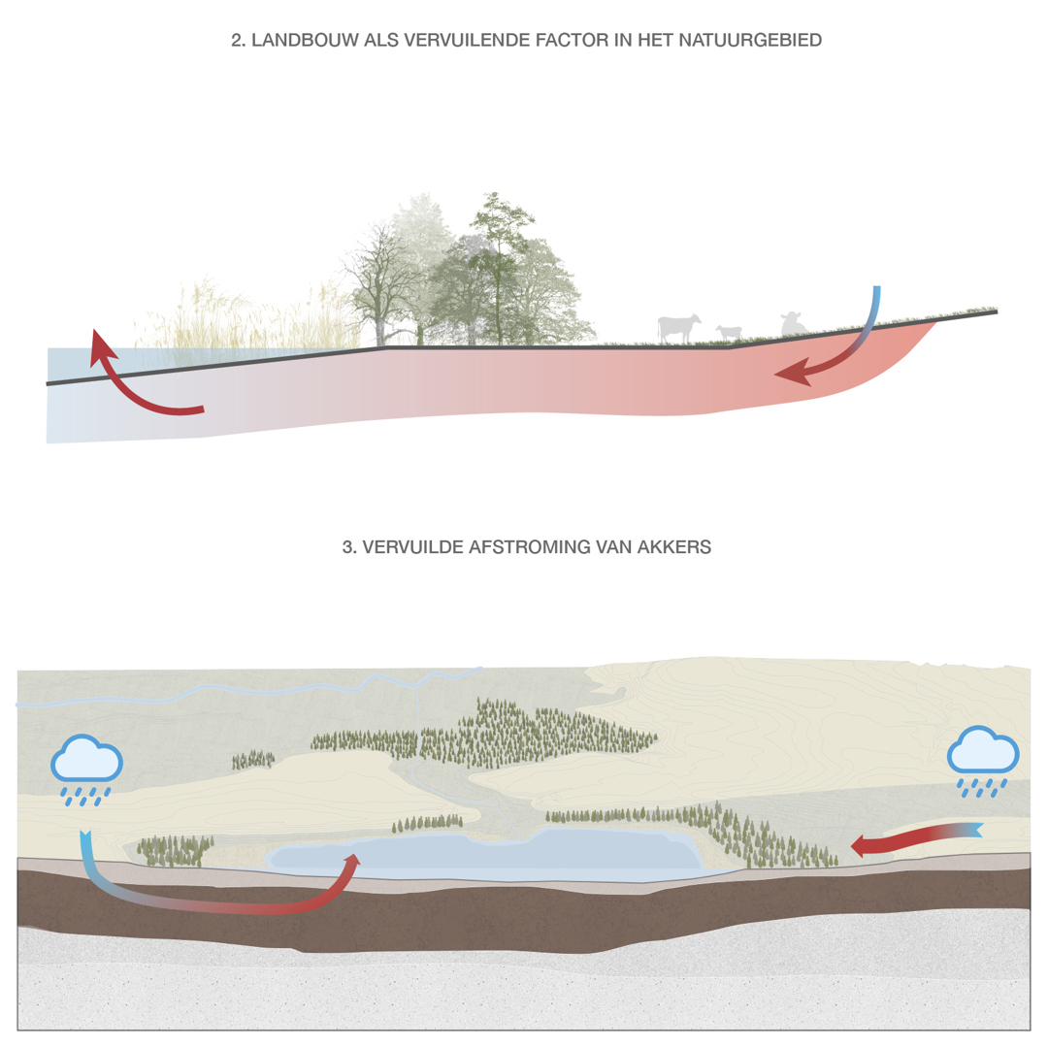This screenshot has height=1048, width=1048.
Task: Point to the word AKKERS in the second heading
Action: click(673, 546)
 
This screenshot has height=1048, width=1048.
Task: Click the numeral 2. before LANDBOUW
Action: click(239, 40)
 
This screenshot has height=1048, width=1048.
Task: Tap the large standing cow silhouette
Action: click(678, 329)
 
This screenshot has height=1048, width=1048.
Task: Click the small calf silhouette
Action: click(729, 332)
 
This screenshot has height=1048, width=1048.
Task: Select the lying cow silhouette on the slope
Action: click(793, 324)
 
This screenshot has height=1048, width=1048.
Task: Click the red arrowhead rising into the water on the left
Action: click(102, 345)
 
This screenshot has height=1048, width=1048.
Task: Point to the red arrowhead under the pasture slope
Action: click(793, 373)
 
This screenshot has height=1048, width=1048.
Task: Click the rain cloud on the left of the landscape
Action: click(87, 760)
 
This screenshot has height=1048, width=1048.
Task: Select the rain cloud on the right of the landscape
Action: click(982, 750)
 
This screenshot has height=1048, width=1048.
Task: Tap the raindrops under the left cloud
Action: click(85, 797)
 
